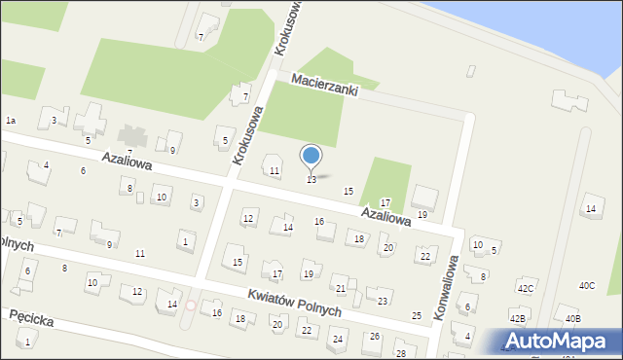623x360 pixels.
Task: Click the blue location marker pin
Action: (311, 156)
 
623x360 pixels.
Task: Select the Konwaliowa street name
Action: (445, 290)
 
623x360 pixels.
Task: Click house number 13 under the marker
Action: (311, 180)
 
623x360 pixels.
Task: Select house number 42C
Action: (526, 289)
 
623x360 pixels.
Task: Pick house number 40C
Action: (587, 285)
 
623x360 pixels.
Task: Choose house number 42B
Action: (518, 318)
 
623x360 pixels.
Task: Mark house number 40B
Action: (572, 318)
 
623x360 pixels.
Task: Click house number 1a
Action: (11, 120)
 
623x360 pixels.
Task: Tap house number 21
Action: (340, 289)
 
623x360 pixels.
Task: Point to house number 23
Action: (383, 302)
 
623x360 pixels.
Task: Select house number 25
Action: (417, 316)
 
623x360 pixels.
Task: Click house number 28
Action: (400, 352)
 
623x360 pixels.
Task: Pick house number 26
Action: (375, 337)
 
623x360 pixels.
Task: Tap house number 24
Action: (338, 340)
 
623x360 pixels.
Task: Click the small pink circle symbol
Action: (191, 306)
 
